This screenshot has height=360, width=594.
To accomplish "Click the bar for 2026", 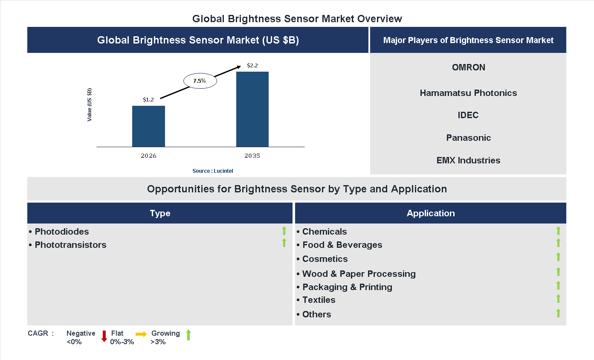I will [148, 126].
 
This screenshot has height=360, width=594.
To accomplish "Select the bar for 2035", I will [252, 109].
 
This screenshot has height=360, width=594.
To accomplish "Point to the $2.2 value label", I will [252, 66].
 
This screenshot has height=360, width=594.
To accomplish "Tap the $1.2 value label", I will [148, 100].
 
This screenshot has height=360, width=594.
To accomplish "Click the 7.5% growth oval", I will [200, 81].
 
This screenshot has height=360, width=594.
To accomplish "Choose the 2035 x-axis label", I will [252, 156].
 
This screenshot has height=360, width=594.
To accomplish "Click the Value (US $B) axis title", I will [90, 105].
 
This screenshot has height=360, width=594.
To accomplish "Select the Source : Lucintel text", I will [213, 171].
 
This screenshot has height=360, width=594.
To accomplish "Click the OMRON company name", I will [468, 67].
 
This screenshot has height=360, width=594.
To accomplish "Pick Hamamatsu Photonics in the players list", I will [468, 93].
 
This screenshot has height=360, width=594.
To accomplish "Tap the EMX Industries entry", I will [468, 160].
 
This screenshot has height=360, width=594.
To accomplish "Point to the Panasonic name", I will [468, 138].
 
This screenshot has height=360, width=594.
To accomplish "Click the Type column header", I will [160, 213].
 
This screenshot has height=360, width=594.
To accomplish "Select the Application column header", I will [431, 213].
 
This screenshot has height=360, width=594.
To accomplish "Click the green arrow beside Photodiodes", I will [284, 231].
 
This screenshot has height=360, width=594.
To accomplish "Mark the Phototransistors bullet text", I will [70, 245].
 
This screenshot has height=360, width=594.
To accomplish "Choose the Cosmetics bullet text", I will [325, 259].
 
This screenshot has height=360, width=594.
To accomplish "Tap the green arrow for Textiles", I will [558, 299].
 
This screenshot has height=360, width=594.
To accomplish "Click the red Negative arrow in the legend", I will [104, 336].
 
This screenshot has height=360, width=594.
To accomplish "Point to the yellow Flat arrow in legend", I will [141, 334].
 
